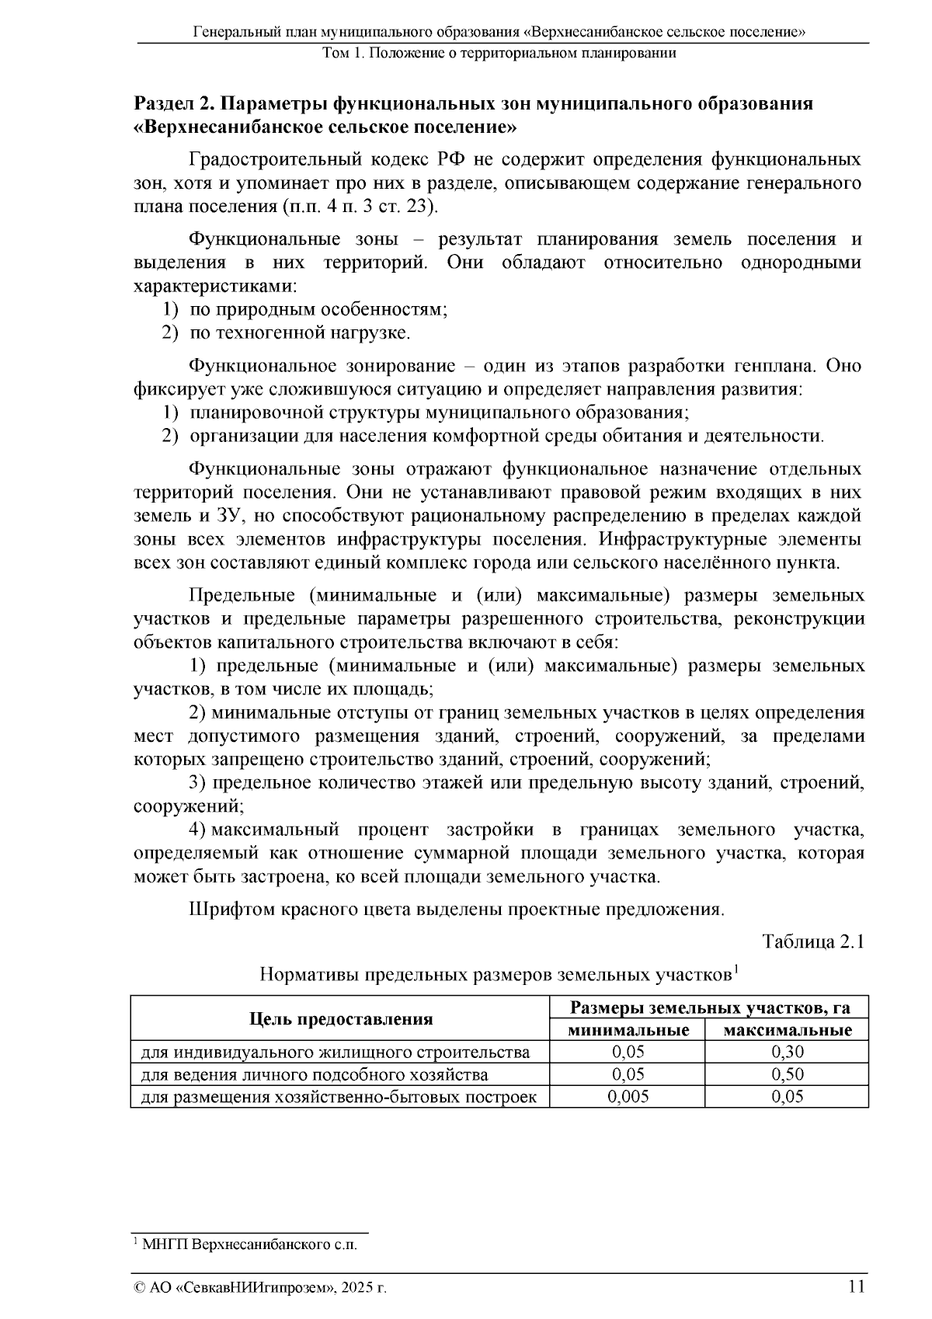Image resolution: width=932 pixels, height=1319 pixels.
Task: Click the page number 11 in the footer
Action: point(856,1286)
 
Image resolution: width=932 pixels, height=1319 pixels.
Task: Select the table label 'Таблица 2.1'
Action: point(813,941)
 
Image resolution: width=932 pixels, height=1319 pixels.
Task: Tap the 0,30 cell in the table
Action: point(787,1053)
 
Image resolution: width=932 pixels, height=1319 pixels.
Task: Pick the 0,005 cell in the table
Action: point(627,1097)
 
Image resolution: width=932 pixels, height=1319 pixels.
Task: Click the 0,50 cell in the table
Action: point(787,1075)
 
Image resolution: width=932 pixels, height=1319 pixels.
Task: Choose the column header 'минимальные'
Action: point(628,1031)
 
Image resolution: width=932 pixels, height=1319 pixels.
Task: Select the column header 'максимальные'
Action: point(787,1031)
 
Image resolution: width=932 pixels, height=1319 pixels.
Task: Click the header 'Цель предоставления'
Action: point(340,1019)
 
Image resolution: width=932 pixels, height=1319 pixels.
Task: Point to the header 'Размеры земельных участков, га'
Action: point(709,1008)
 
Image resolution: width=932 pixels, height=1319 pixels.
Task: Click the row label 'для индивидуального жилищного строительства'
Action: point(335,1053)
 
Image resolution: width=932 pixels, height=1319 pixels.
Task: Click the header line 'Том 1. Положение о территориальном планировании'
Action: point(499,54)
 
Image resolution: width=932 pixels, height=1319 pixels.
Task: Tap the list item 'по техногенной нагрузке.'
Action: point(300,333)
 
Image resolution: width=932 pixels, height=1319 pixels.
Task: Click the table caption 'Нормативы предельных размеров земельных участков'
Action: point(496,974)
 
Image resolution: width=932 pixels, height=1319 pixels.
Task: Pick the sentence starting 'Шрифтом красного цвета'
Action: point(457,909)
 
